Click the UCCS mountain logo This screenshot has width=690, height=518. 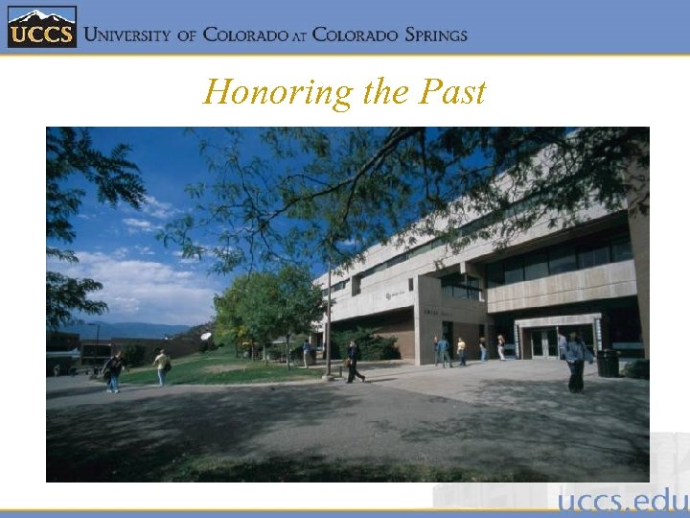click(40, 28)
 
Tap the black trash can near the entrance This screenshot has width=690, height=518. click(608, 363)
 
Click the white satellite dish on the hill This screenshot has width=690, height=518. click(205, 337)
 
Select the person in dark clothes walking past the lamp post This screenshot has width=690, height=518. click(354, 362)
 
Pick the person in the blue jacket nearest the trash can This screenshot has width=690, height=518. click(575, 362)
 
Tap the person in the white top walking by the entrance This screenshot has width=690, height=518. click(500, 346)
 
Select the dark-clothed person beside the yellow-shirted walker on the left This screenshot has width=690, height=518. click(114, 370)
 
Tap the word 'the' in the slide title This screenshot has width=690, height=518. click(387, 92)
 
